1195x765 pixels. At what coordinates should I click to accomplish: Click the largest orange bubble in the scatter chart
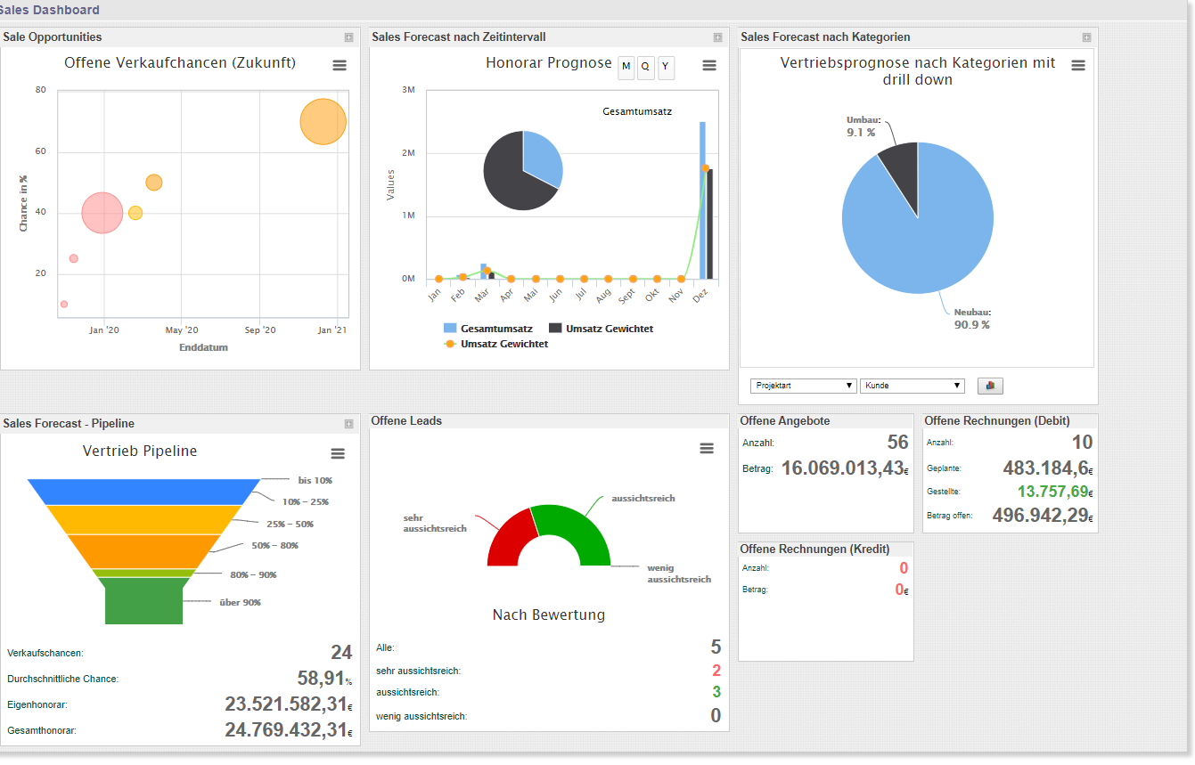coord(323,122)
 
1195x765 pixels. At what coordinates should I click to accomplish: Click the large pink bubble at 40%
coord(102,213)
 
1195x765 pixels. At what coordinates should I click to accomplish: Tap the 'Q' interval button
coord(645,67)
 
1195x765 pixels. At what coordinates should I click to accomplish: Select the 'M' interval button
coord(626,67)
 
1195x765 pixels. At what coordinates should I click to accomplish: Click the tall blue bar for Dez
coord(702,200)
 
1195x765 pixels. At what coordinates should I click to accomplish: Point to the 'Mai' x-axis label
coord(531,294)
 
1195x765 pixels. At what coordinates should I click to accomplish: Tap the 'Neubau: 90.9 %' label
coord(971,319)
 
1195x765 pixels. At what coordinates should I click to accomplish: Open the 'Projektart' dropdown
coord(803,386)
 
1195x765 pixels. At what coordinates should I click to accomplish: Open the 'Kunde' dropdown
coord(912,386)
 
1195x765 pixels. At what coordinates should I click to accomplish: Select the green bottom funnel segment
coord(143,601)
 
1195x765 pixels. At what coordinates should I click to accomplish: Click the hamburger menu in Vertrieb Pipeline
coord(338,453)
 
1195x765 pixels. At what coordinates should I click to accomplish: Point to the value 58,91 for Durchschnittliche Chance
coord(321,679)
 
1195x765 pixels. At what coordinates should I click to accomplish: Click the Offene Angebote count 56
coord(897,443)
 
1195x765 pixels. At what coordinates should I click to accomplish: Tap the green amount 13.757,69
coord(1052,492)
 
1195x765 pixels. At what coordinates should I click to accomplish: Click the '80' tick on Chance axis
coord(41,90)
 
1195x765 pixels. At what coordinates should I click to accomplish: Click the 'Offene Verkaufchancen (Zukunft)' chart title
coord(180,63)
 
